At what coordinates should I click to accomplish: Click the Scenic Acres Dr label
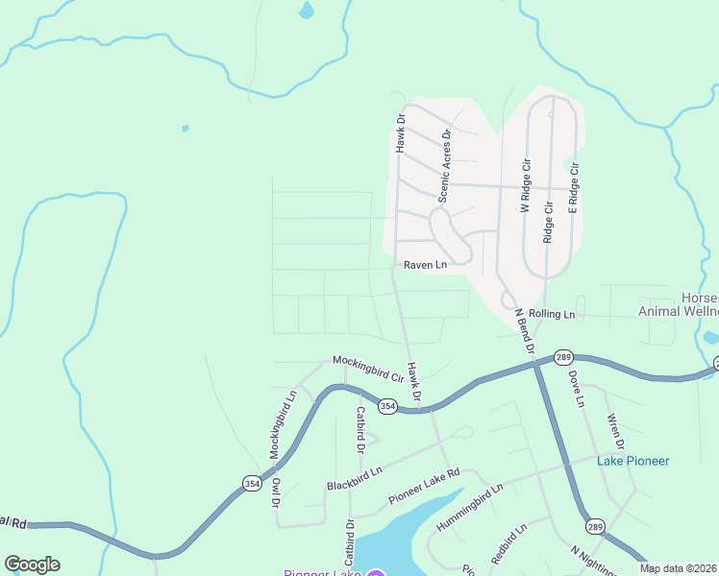click(445, 165)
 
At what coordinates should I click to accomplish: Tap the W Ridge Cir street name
click(526, 187)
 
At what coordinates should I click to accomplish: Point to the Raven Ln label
click(425, 265)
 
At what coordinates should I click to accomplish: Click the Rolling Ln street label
click(552, 314)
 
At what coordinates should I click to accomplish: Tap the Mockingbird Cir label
click(365, 364)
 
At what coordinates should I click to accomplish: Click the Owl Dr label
click(276, 492)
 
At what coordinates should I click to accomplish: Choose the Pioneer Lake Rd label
click(425, 487)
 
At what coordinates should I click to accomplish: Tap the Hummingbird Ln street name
click(470, 508)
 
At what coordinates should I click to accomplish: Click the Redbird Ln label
click(508, 543)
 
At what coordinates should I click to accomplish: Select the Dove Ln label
click(576, 388)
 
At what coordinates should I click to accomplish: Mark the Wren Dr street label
click(617, 431)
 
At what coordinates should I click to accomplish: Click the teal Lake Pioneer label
click(632, 461)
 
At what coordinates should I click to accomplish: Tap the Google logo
click(32, 564)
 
